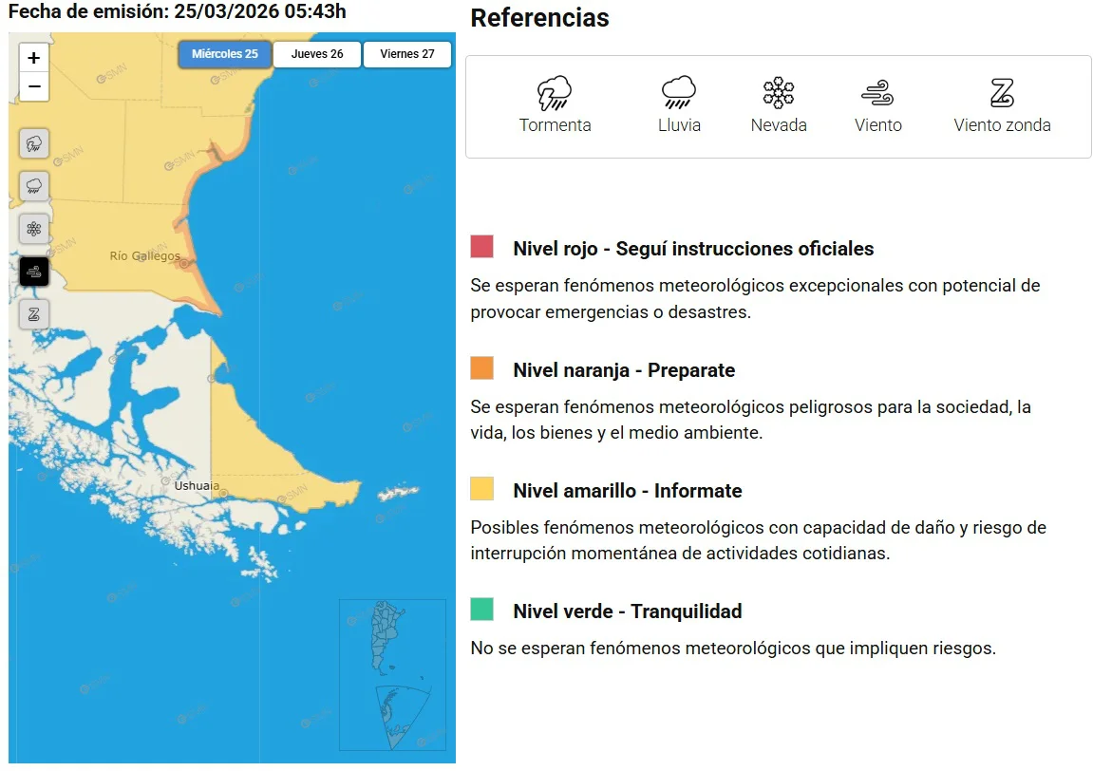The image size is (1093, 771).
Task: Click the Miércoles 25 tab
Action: (x=225, y=54)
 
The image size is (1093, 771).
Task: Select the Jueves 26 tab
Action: (x=317, y=54)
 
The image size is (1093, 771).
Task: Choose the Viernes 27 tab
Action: (x=407, y=54)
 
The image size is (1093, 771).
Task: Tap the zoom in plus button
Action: (x=34, y=58)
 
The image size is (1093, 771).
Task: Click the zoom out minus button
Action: (x=34, y=86)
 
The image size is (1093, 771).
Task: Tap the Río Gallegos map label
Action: (x=144, y=256)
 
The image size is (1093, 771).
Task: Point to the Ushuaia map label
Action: (x=197, y=486)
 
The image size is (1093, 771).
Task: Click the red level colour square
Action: (x=481, y=247)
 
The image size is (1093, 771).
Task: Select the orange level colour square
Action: (x=481, y=368)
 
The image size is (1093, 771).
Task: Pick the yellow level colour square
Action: (x=481, y=489)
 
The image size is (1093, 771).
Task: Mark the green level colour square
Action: (x=481, y=610)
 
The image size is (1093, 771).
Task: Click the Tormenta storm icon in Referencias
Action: (x=555, y=94)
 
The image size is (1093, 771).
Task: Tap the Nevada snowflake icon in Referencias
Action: (x=779, y=93)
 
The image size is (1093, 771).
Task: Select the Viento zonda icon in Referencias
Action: (x=1002, y=93)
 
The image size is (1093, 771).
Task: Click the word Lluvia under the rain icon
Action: (x=679, y=125)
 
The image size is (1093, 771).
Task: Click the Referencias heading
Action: (x=539, y=18)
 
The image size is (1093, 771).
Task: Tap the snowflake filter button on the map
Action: (x=34, y=229)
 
